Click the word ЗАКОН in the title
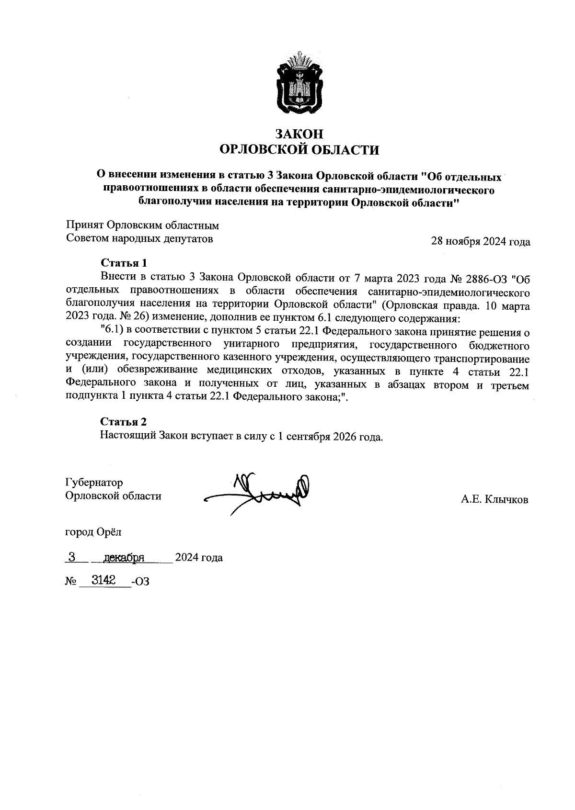(x=299, y=133)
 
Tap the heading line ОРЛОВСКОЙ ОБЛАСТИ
(x=299, y=150)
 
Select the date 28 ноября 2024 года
(x=481, y=242)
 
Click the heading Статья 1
(x=123, y=263)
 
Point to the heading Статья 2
(x=123, y=421)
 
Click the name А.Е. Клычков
(x=494, y=500)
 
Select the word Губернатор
(x=94, y=482)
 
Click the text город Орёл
(x=93, y=532)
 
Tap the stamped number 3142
(x=103, y=580)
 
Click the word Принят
(x=85, y=225)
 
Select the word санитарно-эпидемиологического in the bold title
(x=408, y=190)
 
